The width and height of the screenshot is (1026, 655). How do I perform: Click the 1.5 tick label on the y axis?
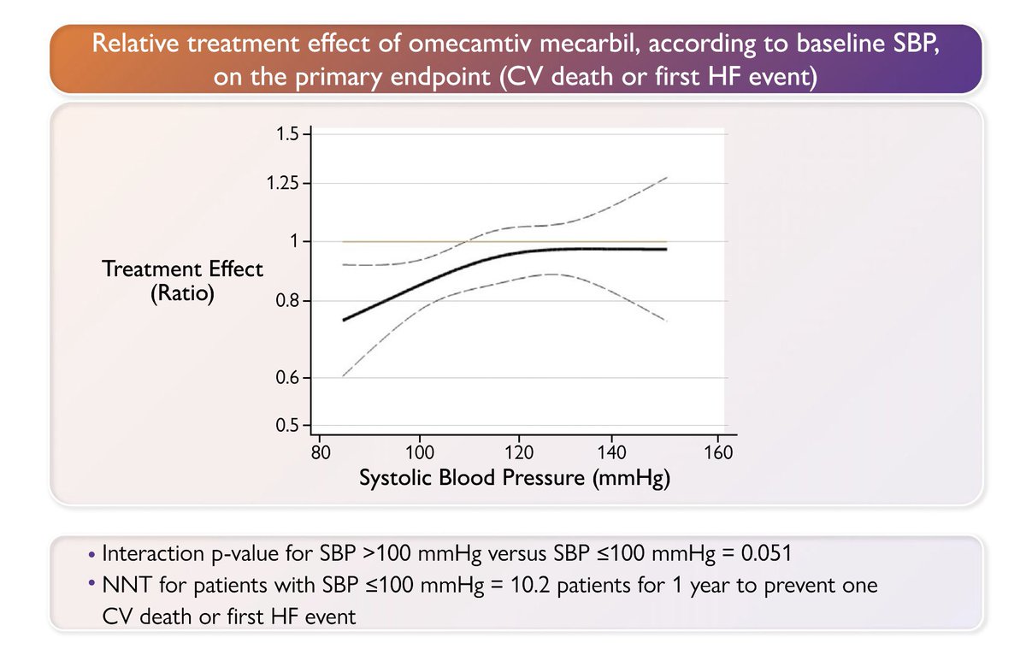click(287, 134)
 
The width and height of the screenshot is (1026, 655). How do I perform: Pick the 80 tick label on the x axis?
click(319, 452)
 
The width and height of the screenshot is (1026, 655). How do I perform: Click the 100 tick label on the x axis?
click(419, 452)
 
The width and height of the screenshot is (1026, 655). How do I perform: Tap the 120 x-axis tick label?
click(519, 452)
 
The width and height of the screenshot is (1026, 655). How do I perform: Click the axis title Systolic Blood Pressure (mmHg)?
click(514, 478)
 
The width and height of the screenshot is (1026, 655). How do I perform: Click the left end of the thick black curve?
click(343, 320)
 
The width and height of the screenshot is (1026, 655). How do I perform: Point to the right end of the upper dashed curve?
click(666, 177)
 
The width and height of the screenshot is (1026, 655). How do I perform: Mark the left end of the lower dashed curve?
click(343, 375)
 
